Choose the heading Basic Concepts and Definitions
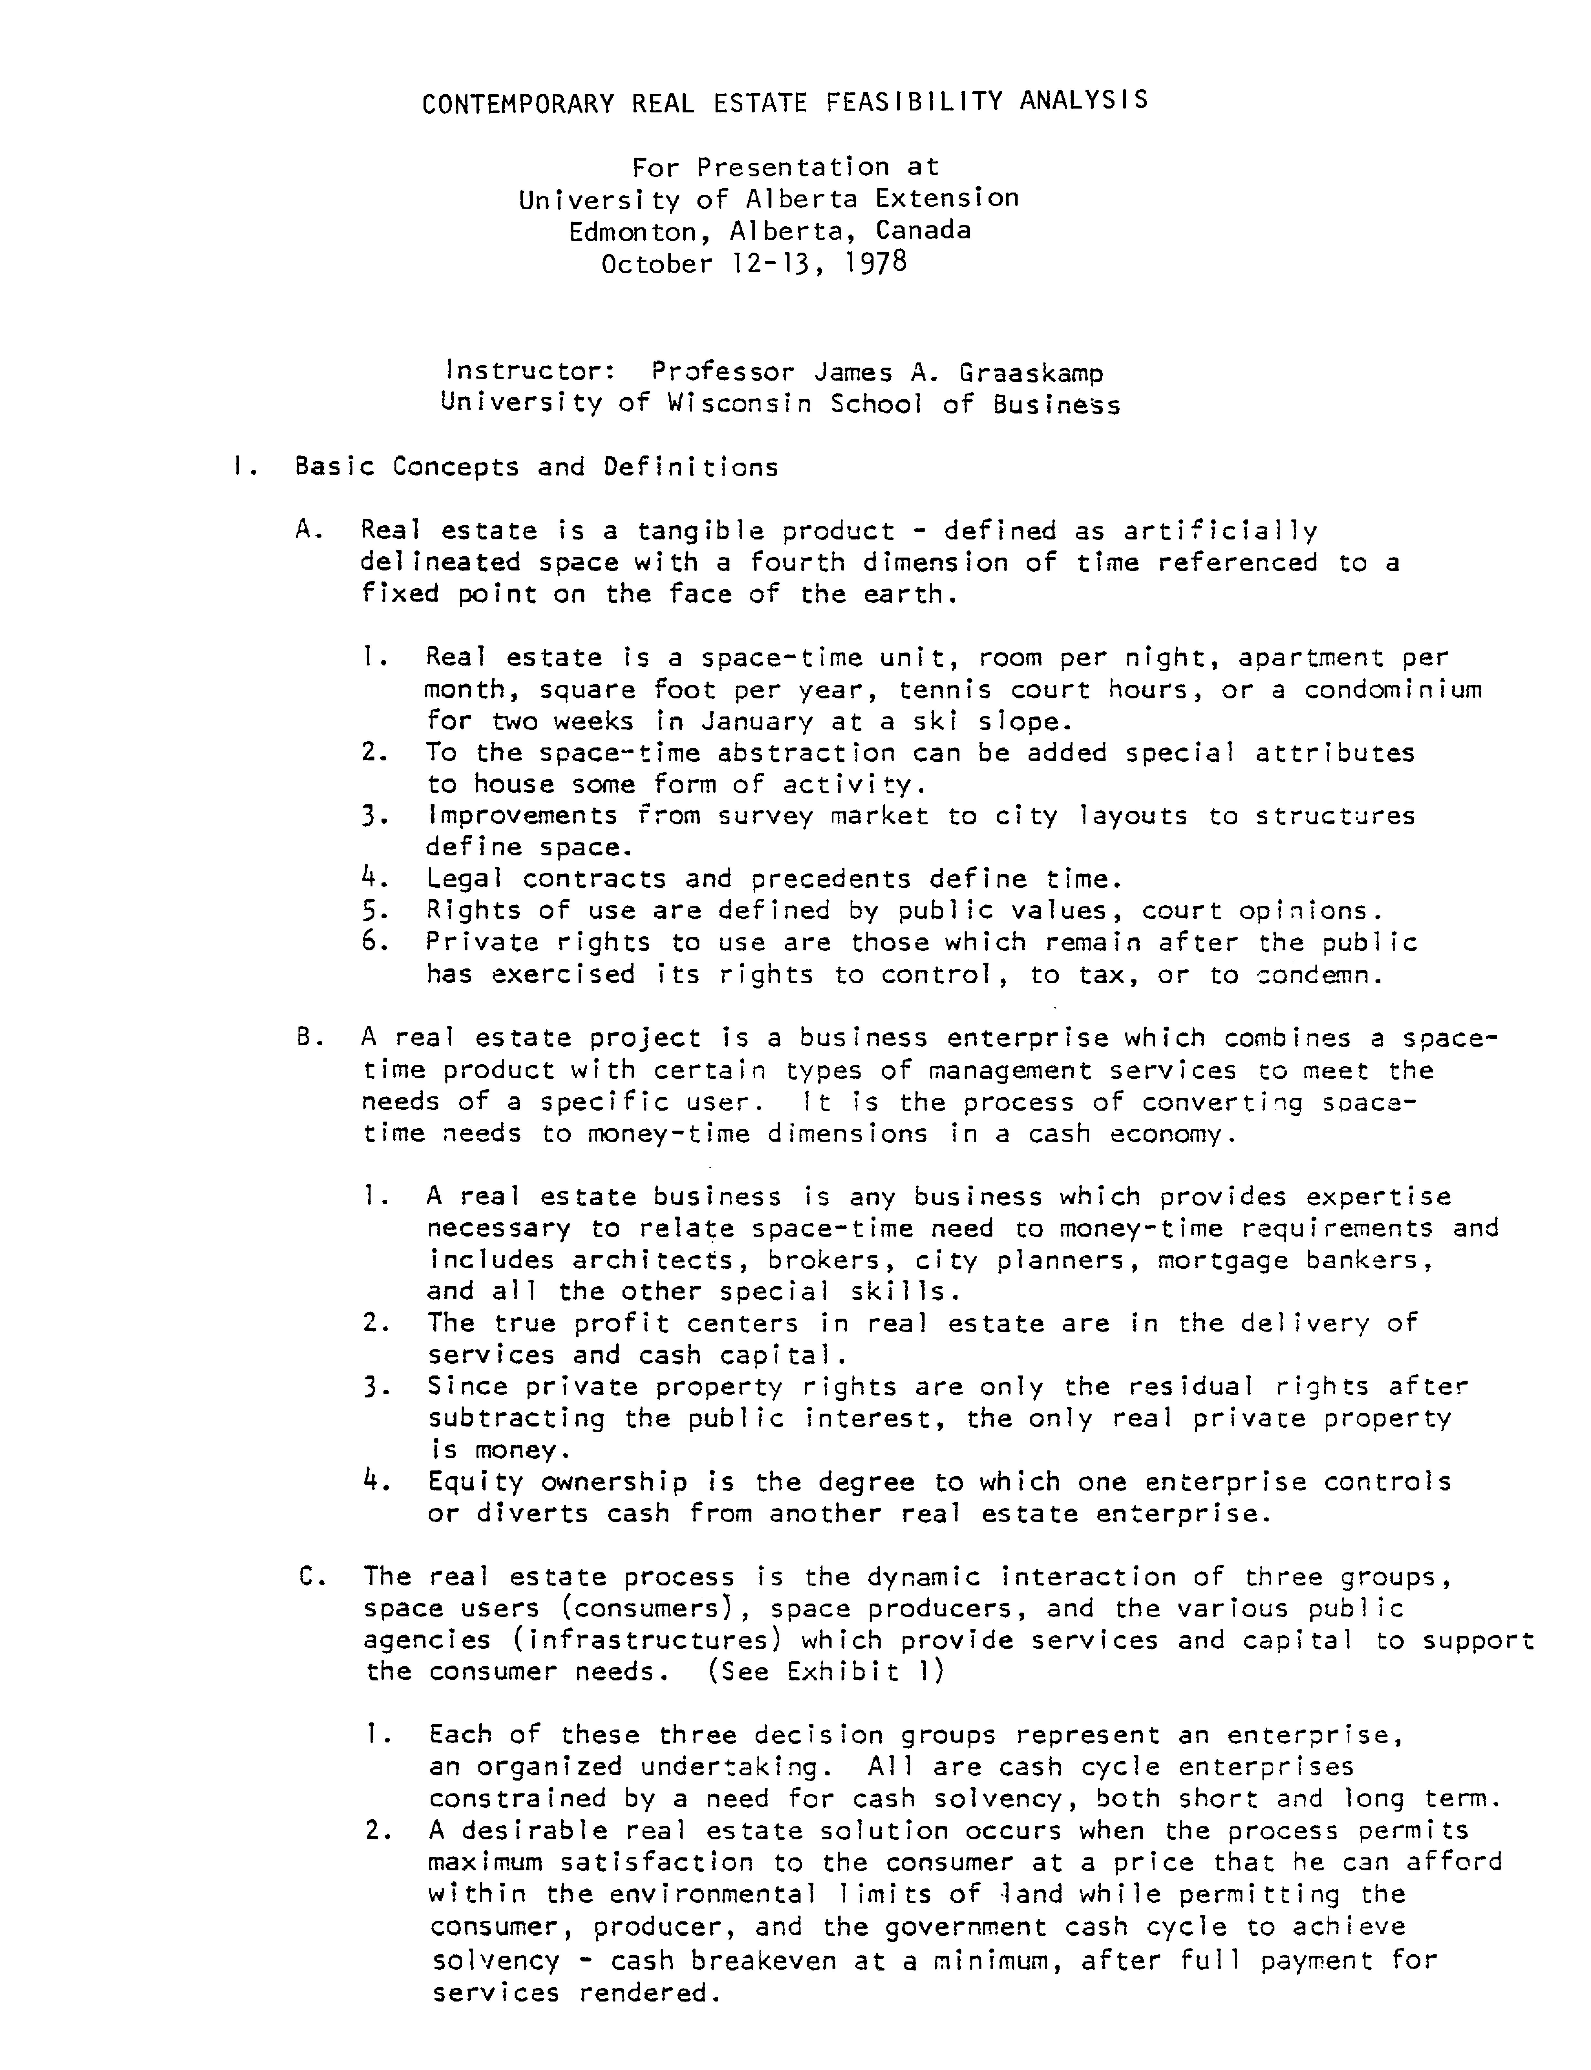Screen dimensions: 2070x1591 click(x=536, y=467)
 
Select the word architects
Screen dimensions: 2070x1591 click(x=652, y=1260)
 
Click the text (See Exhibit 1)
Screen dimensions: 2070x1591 click(x=825, y=1671)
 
